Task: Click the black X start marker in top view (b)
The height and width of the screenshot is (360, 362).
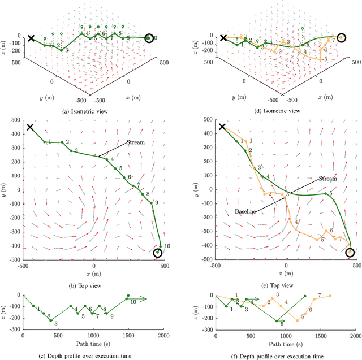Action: coord(30,127)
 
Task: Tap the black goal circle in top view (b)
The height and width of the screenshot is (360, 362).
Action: coord(158,252)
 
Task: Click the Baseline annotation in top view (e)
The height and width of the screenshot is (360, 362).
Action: coord(246,211)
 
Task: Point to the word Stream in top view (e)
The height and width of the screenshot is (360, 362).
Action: coord(327,179)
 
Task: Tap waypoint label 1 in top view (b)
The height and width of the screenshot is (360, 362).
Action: coord(50,141)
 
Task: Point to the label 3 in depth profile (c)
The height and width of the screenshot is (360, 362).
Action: coord(55,324)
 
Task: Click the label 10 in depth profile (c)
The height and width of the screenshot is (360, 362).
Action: coord(133,303)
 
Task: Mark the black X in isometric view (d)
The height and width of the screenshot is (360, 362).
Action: coord(223,38)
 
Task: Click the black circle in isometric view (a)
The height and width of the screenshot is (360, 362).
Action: coord(149,38)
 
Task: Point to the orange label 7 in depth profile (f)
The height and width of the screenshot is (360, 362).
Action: coord(320,295)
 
